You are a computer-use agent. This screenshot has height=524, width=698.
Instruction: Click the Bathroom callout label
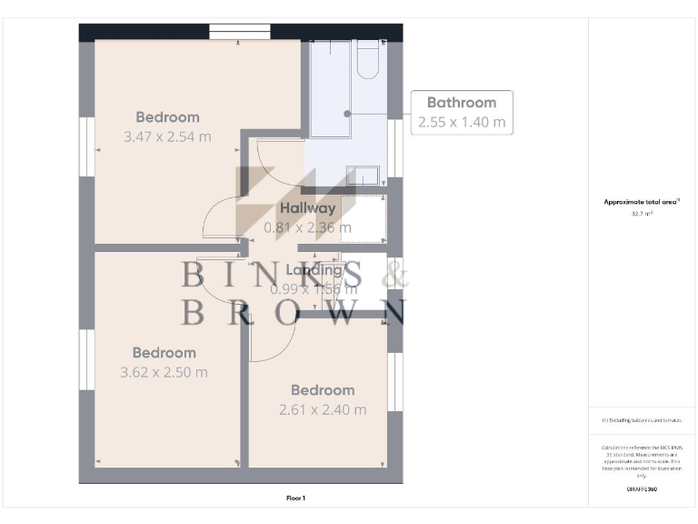462,103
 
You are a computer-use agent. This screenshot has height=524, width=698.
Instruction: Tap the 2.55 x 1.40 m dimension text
462,122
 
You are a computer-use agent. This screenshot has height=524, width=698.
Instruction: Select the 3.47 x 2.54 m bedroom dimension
167,136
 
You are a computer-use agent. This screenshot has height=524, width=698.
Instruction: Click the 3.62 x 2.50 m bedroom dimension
164,372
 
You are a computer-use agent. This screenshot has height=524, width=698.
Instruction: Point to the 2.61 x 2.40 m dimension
323,409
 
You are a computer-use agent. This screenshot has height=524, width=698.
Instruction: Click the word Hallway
307,208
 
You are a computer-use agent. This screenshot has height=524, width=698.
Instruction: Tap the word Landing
314,270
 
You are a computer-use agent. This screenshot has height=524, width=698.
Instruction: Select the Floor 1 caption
295,498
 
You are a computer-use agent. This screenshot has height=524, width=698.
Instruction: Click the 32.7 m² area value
642,214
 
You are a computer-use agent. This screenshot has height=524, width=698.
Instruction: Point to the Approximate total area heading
642,202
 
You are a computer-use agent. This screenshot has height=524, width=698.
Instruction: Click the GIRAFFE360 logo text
642,489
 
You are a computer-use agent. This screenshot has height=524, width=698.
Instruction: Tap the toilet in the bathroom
370,60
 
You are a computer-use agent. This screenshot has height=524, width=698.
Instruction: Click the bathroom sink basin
364,175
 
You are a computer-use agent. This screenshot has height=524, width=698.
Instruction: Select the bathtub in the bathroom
329,88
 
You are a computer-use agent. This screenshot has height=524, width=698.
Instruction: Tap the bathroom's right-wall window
394,148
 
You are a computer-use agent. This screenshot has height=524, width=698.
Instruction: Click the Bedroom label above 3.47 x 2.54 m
167,117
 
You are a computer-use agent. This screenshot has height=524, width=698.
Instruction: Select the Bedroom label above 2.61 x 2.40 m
323,390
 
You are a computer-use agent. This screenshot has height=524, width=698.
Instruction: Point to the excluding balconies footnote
642,420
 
